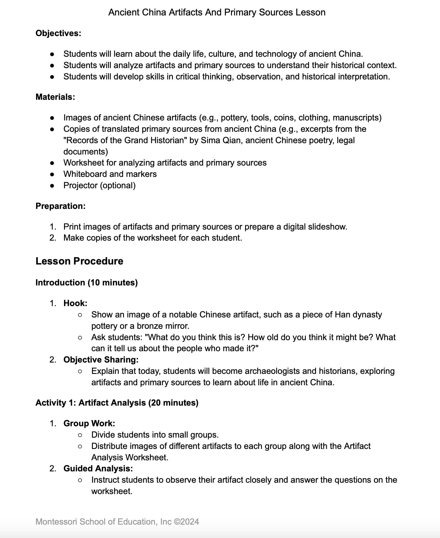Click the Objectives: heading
[x=58, y=33]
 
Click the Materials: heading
[x=55, y=97]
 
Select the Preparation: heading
[x=61, y=206]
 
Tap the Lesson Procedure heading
[x=79, y=261]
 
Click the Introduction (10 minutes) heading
[x=86, y=283]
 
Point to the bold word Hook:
[x=75, y=303]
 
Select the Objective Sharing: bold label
[x=101, y=360]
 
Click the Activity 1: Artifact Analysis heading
[x=117, y=403]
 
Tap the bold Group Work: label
[x=89, y=423]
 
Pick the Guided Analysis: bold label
[x=98, y=468]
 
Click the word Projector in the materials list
[x=80, y=185]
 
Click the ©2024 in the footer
[x=186, y=522]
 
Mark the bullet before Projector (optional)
[x=52, y=186]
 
